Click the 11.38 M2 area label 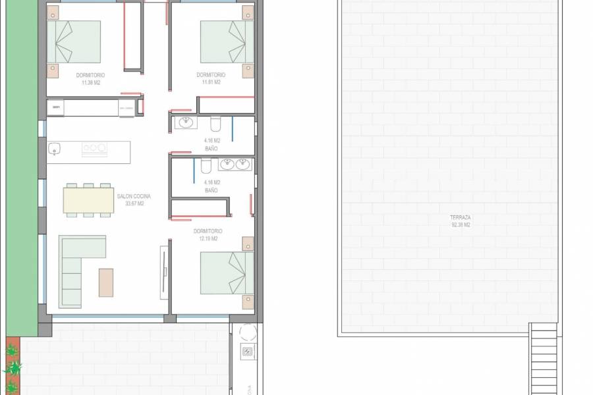click(90, 83)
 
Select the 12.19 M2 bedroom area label click(208, 239)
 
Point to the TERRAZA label click(460, 217)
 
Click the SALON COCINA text click(134, 196)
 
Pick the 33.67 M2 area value click(134, 204)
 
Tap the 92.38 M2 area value click(460, 225)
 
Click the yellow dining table click(88, 200)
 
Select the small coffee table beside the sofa click(106, 282)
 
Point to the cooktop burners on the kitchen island click(94, 149)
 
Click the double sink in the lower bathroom click(235, 164)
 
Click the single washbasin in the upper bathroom click(185, 122)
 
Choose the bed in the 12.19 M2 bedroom click(227, 273)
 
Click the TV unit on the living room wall click(164, 272)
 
